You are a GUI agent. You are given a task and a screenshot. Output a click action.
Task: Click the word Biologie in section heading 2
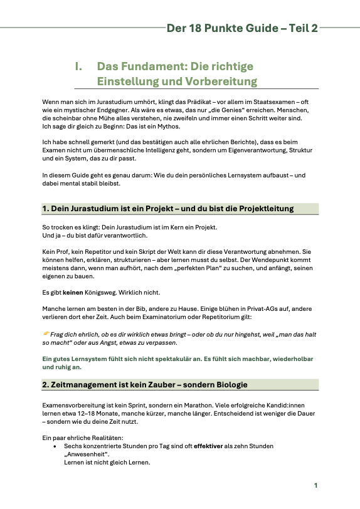pyautogui.click(x=226, y=384)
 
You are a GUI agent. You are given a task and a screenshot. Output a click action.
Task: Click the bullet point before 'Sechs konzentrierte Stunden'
pyautogui.click(x=56, y=446)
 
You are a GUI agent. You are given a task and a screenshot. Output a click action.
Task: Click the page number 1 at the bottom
pyautogui.click(x=317, y=485)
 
